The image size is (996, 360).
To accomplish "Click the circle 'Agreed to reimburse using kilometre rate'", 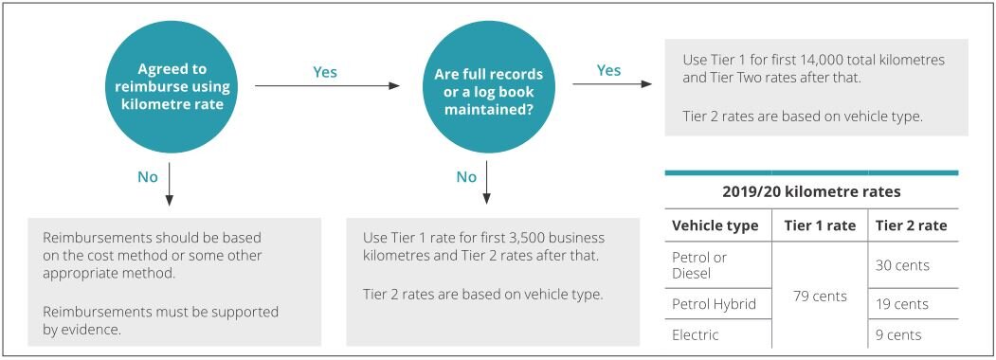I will tap(171, 86).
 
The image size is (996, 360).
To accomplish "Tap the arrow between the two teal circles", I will tap(327, 86).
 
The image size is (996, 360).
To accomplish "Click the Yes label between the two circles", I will tap(325, 72).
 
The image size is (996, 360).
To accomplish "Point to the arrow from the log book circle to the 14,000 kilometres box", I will tap(612, 84).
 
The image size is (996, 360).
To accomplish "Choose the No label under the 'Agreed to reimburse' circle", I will tap(148, 176).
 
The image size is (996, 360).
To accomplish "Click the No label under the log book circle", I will tap(466, 176).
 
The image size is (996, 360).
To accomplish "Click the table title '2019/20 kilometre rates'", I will tap(811, 191).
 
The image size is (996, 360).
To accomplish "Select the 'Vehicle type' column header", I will tap(715, 225).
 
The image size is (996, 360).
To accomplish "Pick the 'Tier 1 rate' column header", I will tap(820, 225).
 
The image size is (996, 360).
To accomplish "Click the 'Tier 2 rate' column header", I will tap(911, 225).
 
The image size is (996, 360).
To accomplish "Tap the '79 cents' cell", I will tap(820, 297).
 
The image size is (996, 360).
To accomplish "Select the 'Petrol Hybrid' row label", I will tap(714, 304).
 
